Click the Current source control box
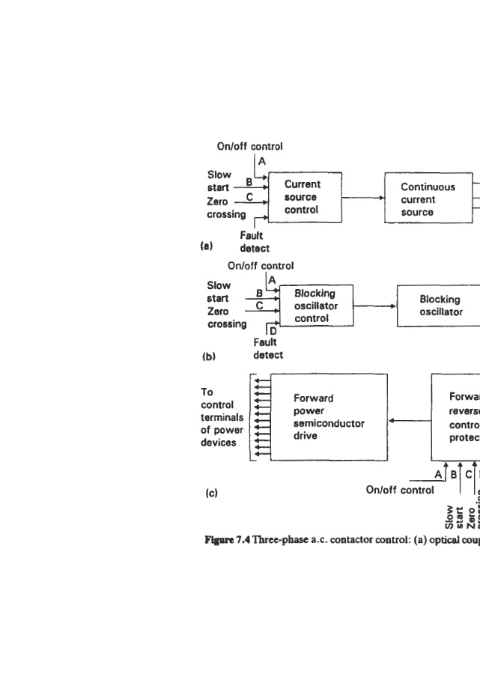click(x=304, y=197)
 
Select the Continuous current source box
click(x=428, y=199)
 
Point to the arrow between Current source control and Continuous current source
click(x=363, y=198)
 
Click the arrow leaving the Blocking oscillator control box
click(x=374, y=306)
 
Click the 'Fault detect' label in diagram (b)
click(x=268, y=348)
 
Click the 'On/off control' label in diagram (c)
click(x=399, y=490)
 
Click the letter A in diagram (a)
click(x=262, y=161)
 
